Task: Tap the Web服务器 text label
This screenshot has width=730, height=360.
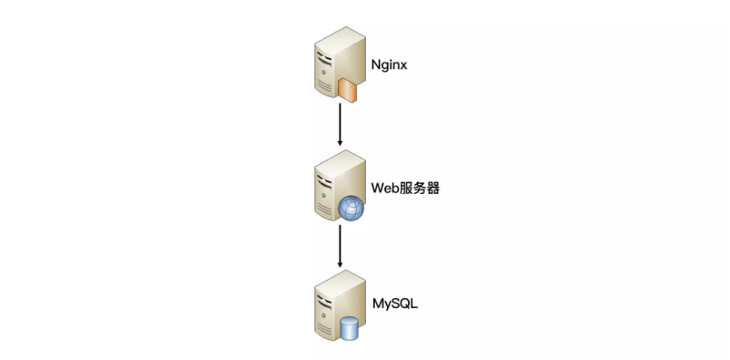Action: click(x=406, y=188)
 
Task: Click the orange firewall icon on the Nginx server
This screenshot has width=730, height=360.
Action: click(x=350, y=89)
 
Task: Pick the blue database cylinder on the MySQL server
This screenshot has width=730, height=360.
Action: click(x=350, y=328)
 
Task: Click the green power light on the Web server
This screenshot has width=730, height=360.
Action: click(x=324, y=195)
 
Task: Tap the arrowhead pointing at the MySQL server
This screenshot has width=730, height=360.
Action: click(x=340, y=264)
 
